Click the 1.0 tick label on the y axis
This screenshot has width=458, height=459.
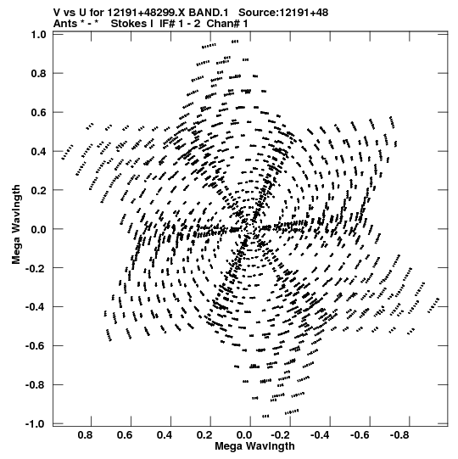click(39, 35)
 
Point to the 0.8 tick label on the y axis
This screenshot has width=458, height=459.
click(39, 74)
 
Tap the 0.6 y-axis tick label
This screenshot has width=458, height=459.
click(39, 112)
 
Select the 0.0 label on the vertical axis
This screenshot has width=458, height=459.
click(39, 229)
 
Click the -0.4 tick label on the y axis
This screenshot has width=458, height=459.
click(36, 307)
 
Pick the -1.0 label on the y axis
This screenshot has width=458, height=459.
click(36, 424)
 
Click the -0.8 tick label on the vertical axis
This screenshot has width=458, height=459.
click(36, 385)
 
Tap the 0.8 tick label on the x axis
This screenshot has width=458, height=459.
click(86, 435)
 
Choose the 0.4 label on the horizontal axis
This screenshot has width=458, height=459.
click(165, 435)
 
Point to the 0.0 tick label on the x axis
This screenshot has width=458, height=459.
click(244, 435)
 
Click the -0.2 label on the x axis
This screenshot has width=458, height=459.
click(282, 435)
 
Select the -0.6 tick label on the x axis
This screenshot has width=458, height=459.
click(360, 435)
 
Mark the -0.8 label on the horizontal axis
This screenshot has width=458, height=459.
click(400, 435)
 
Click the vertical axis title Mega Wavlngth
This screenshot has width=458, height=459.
click(16, 225)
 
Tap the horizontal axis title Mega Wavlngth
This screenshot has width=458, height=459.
click(254, 446)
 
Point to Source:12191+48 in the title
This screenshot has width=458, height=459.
click(283, 13)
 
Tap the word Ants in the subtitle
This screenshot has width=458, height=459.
click(65, 24)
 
